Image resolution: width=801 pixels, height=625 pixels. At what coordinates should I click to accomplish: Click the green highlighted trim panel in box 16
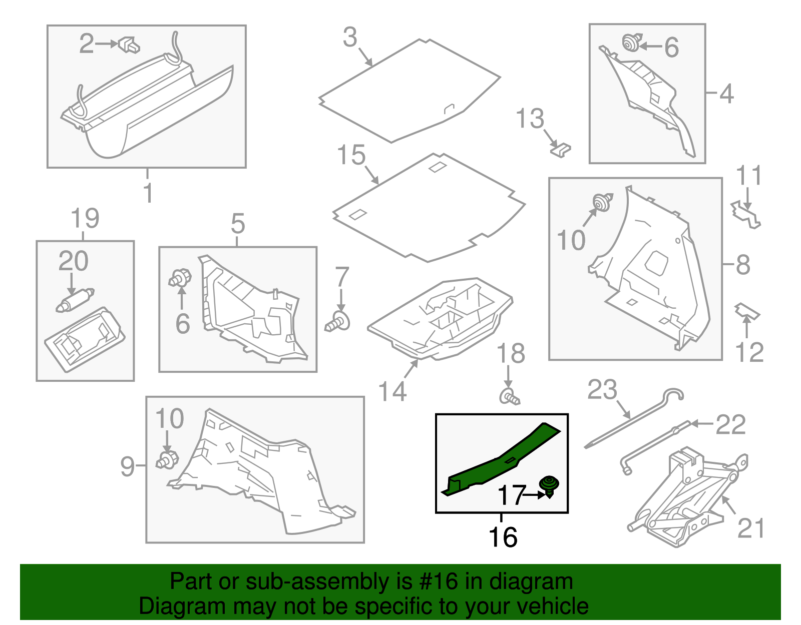(501, 460)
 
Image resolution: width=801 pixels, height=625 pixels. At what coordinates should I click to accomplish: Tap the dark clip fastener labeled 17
(549, 485)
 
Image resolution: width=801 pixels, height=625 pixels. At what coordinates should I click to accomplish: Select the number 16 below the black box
(503, 537)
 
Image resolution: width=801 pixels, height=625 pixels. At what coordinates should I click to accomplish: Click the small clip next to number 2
(130, 45)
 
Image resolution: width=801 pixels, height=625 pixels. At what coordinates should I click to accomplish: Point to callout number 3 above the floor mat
(350, 38)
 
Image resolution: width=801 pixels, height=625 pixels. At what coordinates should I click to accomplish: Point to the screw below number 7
(338, 322)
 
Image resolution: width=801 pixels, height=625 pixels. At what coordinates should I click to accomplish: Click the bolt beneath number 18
(509, 397)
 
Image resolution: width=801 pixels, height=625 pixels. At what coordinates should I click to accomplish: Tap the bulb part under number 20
(75, 300)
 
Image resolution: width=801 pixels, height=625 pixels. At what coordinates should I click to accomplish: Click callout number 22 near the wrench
(730, 425)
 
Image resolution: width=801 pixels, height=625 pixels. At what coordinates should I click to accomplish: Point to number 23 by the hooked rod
(602, 390)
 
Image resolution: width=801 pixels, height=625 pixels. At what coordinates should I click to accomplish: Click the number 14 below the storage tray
(392, 391)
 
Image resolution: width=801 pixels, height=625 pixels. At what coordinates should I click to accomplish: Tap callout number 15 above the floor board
(351, 155)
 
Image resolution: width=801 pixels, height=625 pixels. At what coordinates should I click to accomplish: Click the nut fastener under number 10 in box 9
(167, 459)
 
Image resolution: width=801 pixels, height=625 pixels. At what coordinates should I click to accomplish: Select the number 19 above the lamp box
(85, 219)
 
